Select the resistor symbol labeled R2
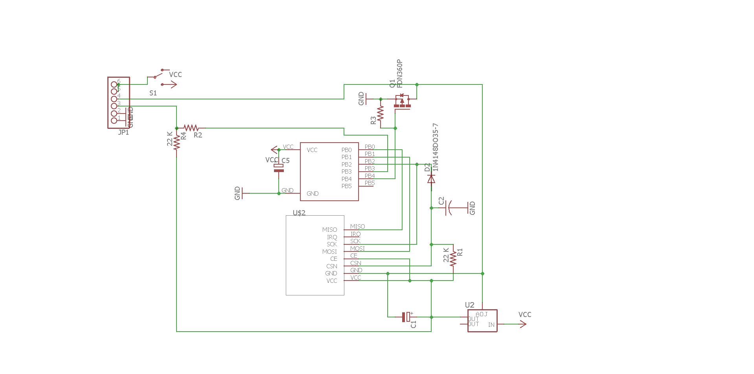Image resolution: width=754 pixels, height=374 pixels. point(191,128)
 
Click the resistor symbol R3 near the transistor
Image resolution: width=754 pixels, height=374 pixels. point(381,114)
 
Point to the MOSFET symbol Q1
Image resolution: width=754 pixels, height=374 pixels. point(402,101)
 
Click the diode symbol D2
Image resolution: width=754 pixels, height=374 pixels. point(431,179)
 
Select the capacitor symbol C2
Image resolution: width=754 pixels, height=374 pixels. point(449,208)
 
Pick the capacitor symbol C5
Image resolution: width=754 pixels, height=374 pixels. point(279,168)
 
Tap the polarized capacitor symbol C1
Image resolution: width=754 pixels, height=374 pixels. point(406,317)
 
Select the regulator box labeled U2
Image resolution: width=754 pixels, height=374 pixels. point(482,321)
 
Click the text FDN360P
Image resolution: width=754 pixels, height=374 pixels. point(400,73)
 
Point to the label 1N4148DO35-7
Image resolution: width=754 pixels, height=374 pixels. point(435,147)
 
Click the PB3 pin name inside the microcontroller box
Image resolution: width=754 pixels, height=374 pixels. point(346,172)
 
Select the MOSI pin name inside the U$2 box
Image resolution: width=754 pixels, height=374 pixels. point(329,252)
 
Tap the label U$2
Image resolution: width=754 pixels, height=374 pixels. point(299,213)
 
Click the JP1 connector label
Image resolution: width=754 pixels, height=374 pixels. point(123,132)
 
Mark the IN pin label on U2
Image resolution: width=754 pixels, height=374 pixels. point(491,325)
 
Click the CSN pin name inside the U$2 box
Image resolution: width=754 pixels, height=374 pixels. point(332,266)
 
